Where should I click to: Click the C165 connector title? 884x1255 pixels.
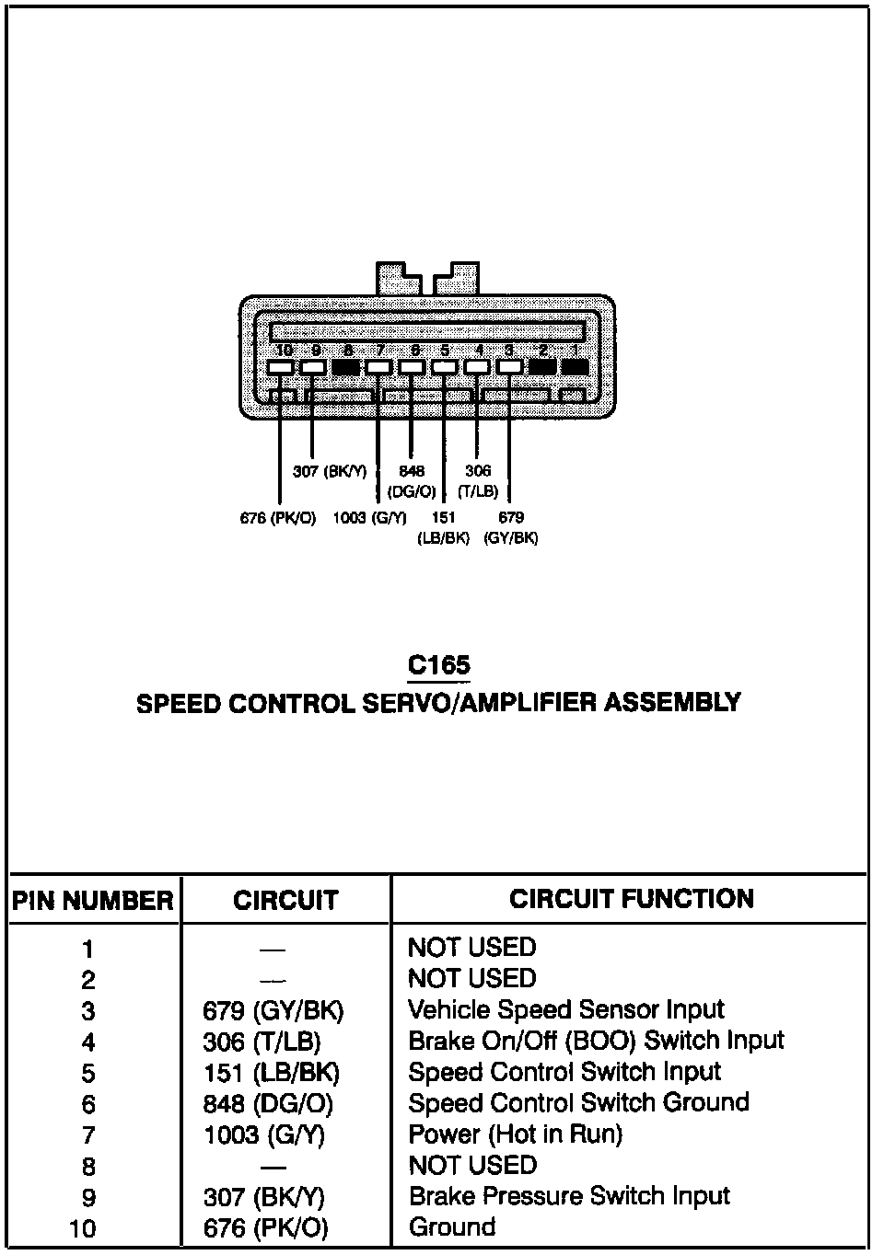[x=439, y=665]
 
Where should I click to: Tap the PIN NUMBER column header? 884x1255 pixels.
[x=92, y=901]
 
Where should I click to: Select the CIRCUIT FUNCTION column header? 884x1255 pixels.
[x=632, y=899]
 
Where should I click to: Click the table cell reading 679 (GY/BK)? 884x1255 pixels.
[x=273, y=1011]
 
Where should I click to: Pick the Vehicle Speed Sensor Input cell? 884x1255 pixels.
[x=565, y=1010]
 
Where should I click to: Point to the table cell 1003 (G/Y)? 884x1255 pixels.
[x=264, y=1135]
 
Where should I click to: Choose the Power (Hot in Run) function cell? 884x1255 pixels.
[x=515, y=1134]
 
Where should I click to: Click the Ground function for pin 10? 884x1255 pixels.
[x=451, y=1227]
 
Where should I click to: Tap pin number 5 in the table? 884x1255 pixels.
[x=87, y=1074]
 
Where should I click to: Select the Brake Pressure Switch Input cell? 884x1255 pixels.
[x=568, y=1196]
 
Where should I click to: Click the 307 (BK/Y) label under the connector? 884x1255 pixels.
[x=329, y=472]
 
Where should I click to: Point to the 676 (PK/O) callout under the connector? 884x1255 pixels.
[x=277, y=518]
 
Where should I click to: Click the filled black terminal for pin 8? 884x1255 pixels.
[x=346, y=367]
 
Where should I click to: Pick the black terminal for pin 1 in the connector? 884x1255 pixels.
[x=575, y=367]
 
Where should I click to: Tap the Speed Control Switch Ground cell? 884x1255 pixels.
[x=577, y=1103]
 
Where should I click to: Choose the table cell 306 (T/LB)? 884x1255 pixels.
[x=262, y=1042]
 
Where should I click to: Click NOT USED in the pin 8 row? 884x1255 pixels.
[x=471, y=1166]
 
